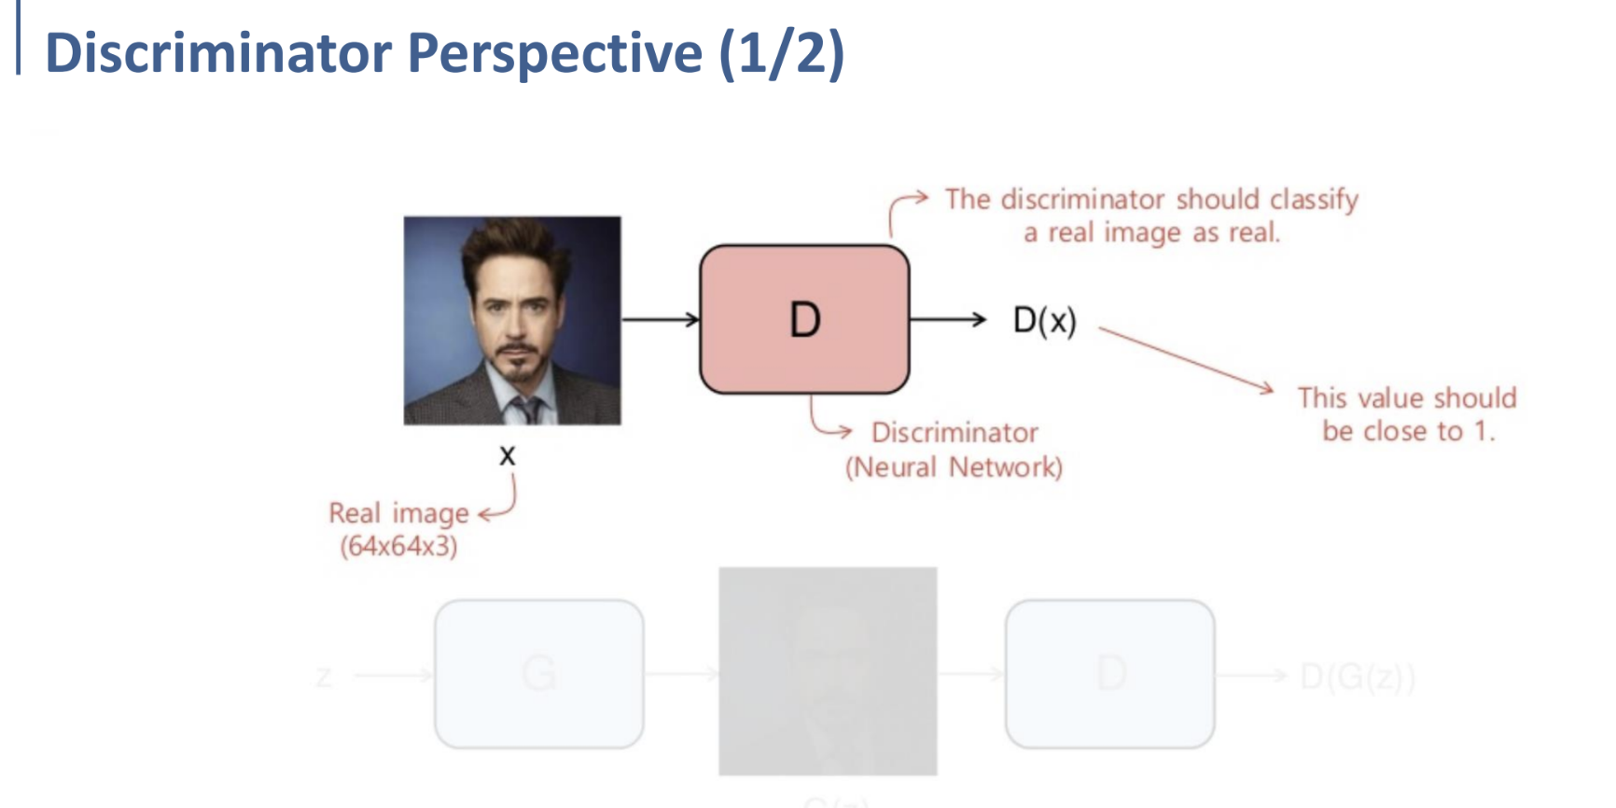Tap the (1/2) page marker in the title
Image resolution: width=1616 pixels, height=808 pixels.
782,52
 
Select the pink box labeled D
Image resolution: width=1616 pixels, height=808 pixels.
804,319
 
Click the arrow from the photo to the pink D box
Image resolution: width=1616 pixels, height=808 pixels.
660,320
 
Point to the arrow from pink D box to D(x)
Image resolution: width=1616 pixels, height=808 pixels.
946,320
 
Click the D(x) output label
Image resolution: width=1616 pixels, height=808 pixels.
1045,321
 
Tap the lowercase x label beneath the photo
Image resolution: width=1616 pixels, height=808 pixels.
507,456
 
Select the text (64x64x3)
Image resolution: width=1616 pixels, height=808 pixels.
398,546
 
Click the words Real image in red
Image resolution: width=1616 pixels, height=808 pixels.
398,513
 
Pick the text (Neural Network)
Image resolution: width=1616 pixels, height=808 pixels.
954,467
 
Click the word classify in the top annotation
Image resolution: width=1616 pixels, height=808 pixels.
1314,200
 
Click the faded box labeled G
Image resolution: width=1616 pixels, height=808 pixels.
539,673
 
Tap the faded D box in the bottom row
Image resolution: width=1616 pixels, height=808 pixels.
1110,673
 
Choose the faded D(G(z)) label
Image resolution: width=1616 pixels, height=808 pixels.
1358,676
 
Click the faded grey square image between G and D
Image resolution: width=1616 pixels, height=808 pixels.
828,671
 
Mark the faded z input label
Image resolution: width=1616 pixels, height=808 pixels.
324,676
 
